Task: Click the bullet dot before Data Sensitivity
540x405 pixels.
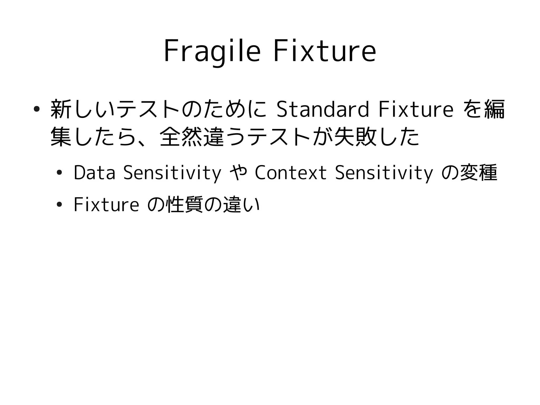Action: click(59, 173)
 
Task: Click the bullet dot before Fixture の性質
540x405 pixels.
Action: click(59, 204)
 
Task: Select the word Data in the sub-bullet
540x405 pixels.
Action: click(94, 173)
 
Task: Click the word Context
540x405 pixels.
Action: click(291, 173)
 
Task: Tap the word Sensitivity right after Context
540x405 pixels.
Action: click(384, 173)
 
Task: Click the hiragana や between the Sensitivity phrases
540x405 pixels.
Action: click(238, 173)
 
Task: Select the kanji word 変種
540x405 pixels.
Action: click(478, 173)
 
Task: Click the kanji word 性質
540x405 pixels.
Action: click(185, 204)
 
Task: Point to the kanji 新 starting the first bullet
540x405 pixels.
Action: click(61, 109)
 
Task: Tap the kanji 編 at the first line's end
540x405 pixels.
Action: click(494, 109)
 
